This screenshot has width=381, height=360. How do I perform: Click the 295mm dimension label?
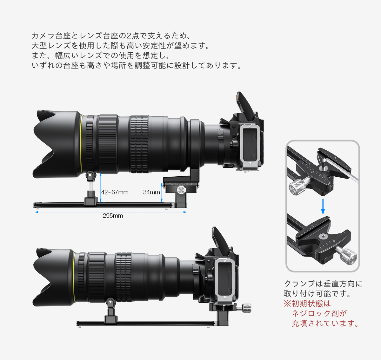[x=113, y=216]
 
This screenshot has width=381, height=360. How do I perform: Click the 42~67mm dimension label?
[x=115, y=192]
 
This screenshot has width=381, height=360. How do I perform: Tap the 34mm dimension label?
[x=151, y=192]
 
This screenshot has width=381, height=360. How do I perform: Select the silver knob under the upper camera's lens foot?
[x=181, y=190]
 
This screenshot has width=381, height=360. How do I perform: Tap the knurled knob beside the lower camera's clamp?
[x=246, y=308]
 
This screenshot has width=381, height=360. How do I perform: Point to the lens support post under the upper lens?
[x=91, y=187]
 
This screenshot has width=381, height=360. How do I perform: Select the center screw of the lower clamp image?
[x=323, y=237]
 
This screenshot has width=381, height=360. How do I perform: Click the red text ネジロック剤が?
[x=319, y=313]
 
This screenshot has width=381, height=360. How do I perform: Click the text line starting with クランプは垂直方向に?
[x=323, y=284]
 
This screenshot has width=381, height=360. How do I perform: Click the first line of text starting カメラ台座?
[x=111, y=36]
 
